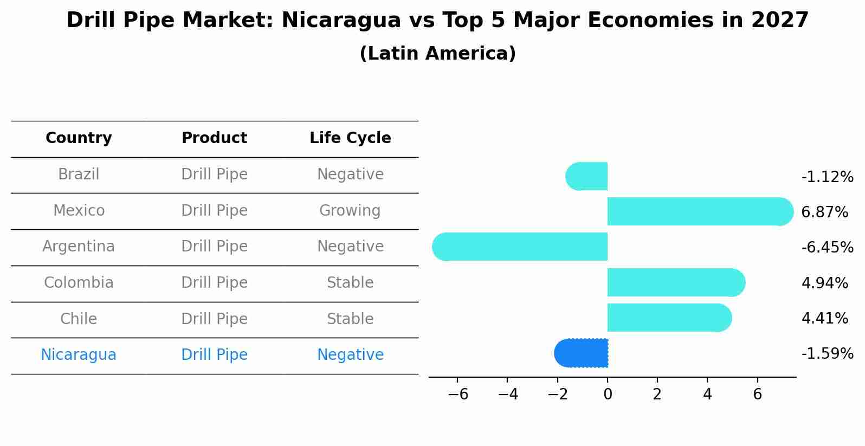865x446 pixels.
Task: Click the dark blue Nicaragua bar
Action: pos(582,353)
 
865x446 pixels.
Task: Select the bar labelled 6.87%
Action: pos(699,211)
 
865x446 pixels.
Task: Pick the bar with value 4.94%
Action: pos(675,282)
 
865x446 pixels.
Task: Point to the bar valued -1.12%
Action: pos(587,176)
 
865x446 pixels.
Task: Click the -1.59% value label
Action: pos(827,354)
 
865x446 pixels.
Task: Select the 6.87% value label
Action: pos(824,212)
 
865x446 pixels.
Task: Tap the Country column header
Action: pos(79,138)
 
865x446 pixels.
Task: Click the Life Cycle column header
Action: pos(350,138)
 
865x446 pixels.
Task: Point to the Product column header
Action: pos(214,138)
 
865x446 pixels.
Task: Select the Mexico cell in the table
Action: pos(79,210)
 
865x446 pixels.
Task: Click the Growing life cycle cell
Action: pos(350,210)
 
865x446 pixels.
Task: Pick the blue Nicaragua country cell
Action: pos(79,355)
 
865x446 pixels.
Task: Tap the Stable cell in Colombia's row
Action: pos(350,283)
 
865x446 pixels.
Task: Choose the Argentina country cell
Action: pos(79,247)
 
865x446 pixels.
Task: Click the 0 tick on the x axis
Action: pos(608,395)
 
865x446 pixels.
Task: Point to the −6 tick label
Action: pos(458,395)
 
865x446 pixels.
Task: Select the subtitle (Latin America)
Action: pos(437,54)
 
